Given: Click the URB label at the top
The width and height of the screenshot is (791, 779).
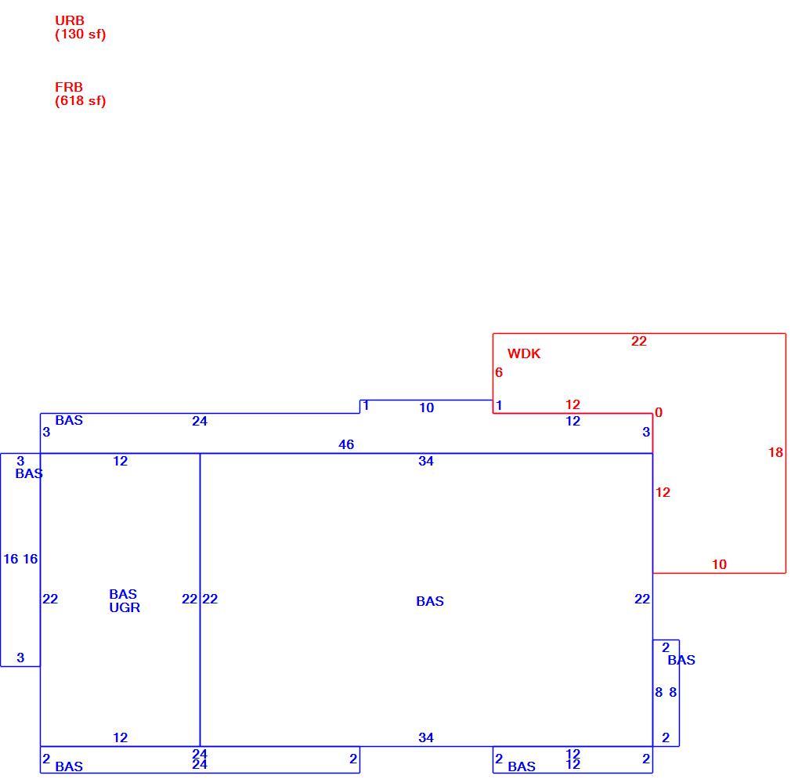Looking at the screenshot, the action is (x=70, y=20).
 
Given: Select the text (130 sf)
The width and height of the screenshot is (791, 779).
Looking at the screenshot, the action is (x=80, y=34).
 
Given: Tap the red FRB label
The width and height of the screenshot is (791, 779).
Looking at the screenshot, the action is (x=69, y=87).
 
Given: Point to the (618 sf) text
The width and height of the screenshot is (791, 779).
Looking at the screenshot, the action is (x=80, y=101).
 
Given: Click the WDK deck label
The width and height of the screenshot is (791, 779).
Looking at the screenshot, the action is (x=524, y=353).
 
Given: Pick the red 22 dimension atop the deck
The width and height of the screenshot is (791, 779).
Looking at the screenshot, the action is (x=638, y=341).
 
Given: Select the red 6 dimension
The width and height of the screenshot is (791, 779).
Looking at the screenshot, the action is (x=499, y=372).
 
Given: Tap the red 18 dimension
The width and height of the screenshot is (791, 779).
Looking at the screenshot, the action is (x=775, y=452).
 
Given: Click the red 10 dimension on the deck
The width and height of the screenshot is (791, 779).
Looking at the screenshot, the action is (x=719, y=564).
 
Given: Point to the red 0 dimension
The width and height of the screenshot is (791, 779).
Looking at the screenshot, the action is (x=659, y=413).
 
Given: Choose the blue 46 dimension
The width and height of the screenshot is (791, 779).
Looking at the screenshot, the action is (x=346, y=445).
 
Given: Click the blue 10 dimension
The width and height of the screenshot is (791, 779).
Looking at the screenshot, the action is (x=426, y=408).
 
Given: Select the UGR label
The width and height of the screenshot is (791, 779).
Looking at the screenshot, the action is (x=125, y=608).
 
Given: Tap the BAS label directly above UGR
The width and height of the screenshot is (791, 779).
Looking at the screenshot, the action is (x=123, y=594).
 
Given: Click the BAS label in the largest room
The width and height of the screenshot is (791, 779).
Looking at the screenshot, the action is (x=430, y=601).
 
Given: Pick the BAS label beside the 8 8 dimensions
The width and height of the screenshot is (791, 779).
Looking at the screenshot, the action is (x=681, y=661).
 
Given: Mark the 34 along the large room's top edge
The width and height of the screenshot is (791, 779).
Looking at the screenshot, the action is (x=426, y=461).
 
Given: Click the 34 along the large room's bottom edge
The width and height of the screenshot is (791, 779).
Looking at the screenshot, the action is (x=426, y=737).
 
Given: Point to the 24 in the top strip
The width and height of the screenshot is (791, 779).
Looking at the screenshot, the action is (x=199, y=421).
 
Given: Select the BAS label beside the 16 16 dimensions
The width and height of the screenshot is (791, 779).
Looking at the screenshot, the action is (x=29, y=473).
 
